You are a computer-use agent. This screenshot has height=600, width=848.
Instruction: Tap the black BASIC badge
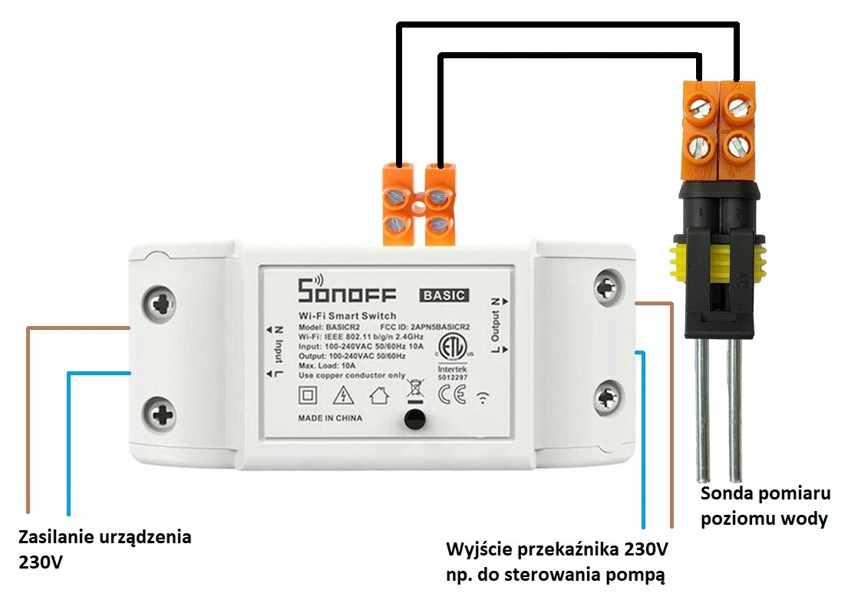tap(444, 294)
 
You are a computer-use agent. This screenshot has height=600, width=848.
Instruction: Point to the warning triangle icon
tap(342, 396)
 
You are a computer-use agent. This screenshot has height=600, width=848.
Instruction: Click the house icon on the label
tap(378, 396)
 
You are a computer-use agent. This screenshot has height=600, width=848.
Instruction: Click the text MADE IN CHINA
tap(330, 419)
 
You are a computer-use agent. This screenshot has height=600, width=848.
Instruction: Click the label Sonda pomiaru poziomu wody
tap(764, 506)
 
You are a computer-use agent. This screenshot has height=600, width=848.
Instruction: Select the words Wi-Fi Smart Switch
tap(347, 315)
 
